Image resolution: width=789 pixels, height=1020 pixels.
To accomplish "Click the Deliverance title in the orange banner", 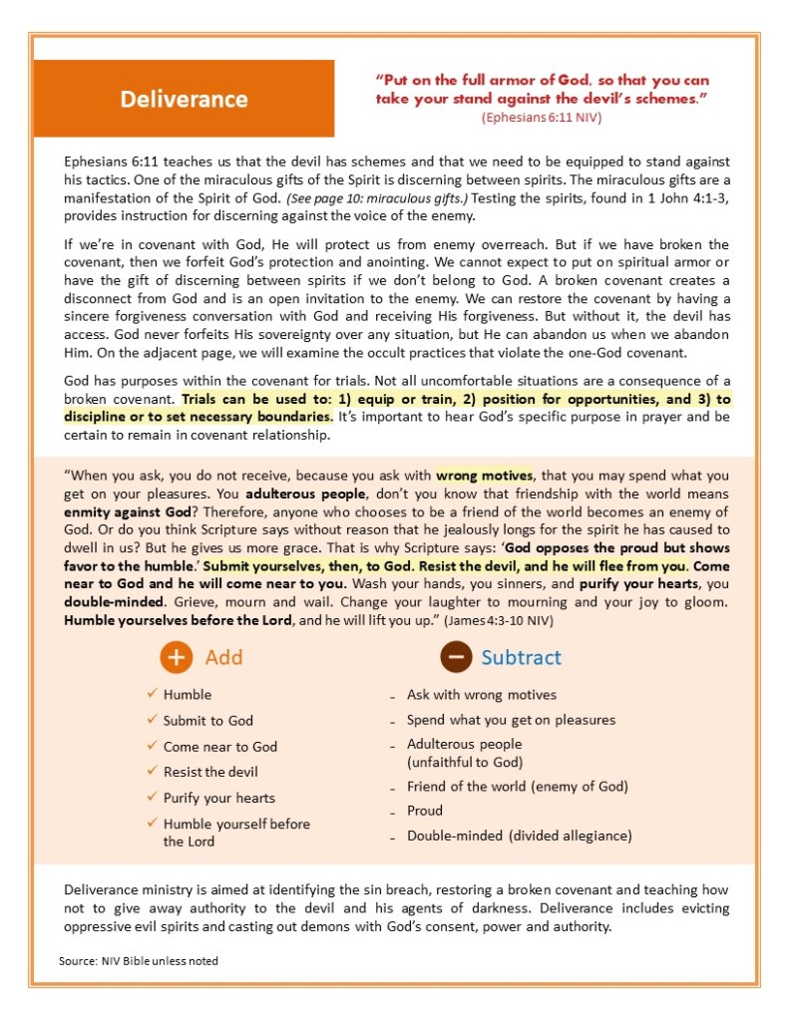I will tap(184, 99).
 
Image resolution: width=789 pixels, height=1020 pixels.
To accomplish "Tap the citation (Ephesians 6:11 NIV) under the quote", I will tap(542, 118).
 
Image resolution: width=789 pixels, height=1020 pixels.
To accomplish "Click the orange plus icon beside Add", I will tap(176, 658).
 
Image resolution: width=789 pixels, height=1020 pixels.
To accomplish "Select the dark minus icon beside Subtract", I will tap(456, 658).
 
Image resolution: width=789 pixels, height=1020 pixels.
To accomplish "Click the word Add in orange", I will tap(223, 658).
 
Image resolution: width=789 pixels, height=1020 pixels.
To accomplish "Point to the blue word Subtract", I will tap(521, 658).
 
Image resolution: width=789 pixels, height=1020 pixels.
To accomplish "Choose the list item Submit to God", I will tap(208, 721).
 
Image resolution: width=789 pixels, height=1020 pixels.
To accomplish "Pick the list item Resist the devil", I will tap(210, 772).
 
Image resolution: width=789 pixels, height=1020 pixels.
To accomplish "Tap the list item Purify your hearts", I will tap(219, 798).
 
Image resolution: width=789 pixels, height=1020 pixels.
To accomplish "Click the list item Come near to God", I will tap(220, 747).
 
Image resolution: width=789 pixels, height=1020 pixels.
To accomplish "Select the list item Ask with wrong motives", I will tap(482, 695).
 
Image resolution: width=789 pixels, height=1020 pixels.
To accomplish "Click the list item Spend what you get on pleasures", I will tap(511, 720).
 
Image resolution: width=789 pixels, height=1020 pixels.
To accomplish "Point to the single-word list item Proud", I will tap(425, 811).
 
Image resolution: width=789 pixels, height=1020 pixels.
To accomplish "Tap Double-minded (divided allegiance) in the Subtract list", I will tap(519, 837).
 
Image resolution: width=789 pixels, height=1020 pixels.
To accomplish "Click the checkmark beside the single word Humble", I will tap(152, 694).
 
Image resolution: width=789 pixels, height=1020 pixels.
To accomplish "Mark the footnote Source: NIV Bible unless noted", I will tap(139, 961).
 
